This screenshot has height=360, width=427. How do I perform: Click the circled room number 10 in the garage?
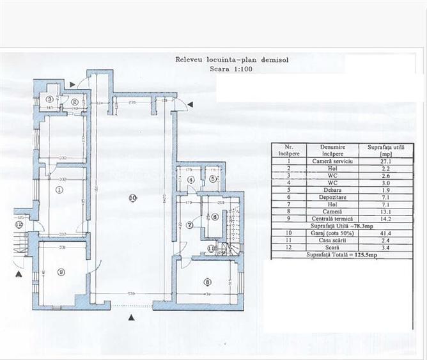click(x=132, y=198)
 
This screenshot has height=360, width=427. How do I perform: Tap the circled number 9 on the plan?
click(x=61, y=272)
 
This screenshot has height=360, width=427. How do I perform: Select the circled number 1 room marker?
click(x=59, y=190)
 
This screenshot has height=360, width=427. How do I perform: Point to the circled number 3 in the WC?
click(x=49, y=98)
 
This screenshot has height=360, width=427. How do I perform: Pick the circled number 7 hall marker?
click(x=190, y=224)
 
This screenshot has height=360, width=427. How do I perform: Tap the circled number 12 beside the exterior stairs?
click(x=19, y=224)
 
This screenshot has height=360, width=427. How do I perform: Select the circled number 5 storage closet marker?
click(x=213, y=179)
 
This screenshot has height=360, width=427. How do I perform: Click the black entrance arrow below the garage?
click(x=132, y=317)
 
